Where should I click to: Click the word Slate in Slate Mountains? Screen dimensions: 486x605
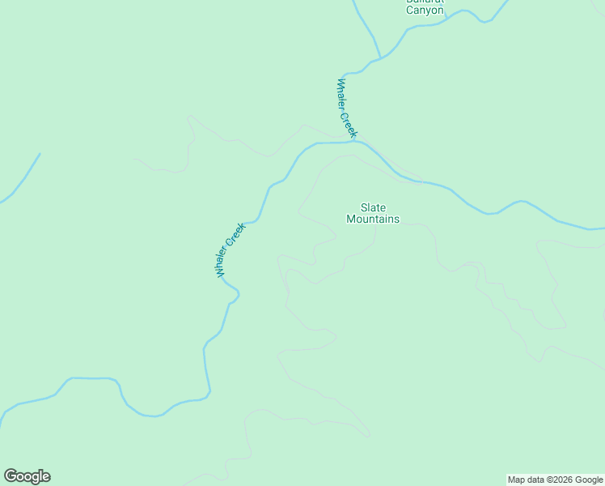tap(373, 208)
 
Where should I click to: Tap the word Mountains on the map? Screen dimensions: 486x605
tap(373, 219)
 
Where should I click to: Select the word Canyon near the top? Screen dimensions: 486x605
tap(425, 11)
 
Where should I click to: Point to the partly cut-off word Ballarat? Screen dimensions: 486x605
tap(425, 2)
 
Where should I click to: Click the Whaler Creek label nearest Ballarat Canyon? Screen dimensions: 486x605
tap(346, 108)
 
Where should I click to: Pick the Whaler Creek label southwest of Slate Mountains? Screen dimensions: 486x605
tap(231, 250)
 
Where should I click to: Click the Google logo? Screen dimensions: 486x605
tap(27, 476)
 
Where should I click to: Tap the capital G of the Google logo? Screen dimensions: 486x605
tap(11, 476)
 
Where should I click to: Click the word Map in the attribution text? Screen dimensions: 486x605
tap(516, 480)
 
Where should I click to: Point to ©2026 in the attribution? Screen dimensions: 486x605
tap(560, 480)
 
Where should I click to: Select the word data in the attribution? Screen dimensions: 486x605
tap(535, 480)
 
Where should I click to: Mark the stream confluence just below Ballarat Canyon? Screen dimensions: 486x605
tap(379, 59)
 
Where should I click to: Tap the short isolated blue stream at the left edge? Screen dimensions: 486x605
tap(19, 179)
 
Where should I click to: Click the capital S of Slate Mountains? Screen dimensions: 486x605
tap(363, 208)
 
